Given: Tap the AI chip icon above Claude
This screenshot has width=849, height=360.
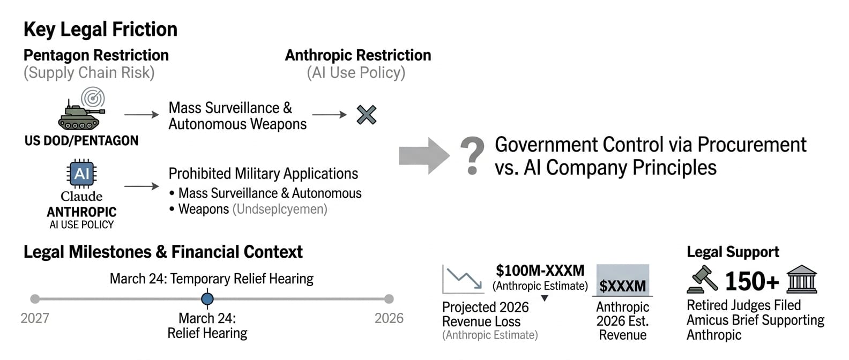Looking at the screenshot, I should coord(81,173).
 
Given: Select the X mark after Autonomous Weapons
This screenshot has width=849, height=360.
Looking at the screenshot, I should coord(367,115).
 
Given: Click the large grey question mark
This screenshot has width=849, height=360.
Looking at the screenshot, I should coord(472,156).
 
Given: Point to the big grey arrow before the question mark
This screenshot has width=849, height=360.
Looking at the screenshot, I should coord(424,156).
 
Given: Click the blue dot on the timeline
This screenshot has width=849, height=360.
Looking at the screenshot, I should coord(207,299).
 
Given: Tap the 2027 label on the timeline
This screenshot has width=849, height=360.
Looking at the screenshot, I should coord(35,318).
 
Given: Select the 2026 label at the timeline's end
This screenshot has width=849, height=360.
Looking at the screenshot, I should coord(389,318).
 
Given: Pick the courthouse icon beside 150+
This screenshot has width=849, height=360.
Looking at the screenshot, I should coord(802,279).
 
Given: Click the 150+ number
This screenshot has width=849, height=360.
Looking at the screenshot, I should coord(752,281).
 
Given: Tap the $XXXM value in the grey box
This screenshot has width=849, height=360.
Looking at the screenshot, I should coord(623,286).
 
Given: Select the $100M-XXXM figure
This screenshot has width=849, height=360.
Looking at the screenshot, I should coord(540,271).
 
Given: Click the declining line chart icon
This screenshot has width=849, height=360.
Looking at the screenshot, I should coord(463,279).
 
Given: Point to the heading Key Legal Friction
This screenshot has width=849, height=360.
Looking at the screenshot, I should coord(100,29).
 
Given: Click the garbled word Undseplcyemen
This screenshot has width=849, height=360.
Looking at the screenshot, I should coord(280,209).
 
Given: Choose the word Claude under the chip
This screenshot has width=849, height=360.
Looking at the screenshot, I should coord(81,196).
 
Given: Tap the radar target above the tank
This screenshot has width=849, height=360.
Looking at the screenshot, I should coord(93,98).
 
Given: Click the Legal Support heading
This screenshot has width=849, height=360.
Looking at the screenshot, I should coord(733,252).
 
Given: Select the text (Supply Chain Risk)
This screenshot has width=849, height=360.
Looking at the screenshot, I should coord(89,72).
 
